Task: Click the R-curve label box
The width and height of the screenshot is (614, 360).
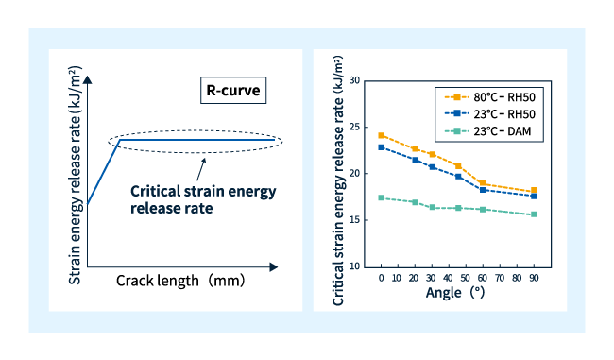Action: point(232,91)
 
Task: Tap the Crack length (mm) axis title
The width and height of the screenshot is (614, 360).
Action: point(180,281)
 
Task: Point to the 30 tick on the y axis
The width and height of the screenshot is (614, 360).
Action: point(355,80)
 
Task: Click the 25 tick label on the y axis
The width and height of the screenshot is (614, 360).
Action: point(355,127)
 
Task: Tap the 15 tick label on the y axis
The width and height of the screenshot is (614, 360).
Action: point(355,220)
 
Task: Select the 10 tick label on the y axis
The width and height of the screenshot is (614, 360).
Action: point(355,266)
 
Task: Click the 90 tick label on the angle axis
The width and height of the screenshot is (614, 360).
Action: point(534,279)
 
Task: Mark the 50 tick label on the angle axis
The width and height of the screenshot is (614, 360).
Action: point(466,279)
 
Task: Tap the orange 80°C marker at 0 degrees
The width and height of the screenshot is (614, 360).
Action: point(382,135)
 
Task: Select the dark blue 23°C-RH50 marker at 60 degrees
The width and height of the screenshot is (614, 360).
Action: point(483,190)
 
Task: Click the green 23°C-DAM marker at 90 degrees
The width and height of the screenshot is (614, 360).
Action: point(534,214)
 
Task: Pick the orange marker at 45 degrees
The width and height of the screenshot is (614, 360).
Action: point(458,166)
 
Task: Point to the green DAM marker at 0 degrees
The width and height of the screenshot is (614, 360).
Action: point(382,197)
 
